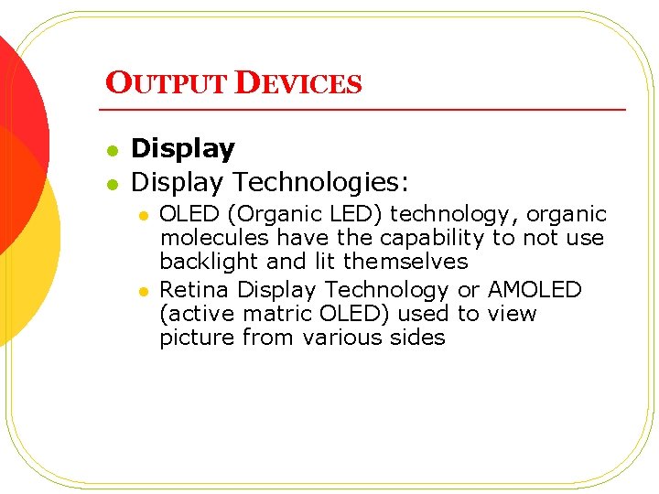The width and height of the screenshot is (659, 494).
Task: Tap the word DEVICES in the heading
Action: [x=299, y=83]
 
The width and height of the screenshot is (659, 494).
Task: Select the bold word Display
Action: [x=183, y=149]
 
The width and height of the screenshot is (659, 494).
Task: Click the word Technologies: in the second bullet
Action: [x=319, y=182]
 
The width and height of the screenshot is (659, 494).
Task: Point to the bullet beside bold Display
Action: [x=112, y=150]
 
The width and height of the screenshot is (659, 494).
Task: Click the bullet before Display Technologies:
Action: [x=112, y=183]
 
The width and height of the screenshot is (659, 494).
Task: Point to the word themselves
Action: [x=405, y=262]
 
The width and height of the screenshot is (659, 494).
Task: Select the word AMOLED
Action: [x=535, y=291]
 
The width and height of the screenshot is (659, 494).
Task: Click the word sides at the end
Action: [x=420, y=338]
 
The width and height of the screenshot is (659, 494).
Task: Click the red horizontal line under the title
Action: [x=366, y=110]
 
